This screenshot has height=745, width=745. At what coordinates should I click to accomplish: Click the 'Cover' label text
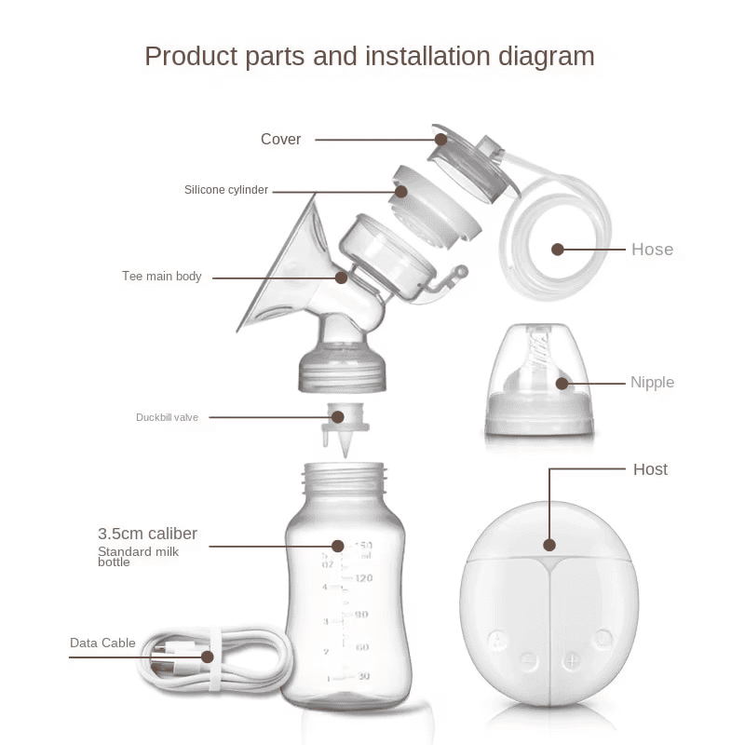[x=280, y=140]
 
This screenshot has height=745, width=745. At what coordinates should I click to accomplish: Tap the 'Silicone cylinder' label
[x=225, y=190]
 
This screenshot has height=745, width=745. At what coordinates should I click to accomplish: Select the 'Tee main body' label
[x=161, y=277]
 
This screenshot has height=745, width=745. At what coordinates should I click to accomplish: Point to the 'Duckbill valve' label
[x=167, y=417]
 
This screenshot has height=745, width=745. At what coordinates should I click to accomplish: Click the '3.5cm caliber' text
[x=147, y=534]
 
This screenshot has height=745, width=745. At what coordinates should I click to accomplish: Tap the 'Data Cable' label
[x=102, y=643]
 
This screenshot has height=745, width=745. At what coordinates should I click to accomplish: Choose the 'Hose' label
[x=652, y=250]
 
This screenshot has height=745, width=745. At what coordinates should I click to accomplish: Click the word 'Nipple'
[x=652, y=383]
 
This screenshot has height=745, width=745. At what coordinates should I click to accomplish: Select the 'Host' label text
[x=650, y=469]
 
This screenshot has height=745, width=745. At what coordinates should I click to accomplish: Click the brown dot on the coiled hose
[x=558, y=250]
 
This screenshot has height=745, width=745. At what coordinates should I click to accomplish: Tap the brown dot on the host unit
[x=549, y=546]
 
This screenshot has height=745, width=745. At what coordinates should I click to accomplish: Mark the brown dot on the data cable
[x=208, y=657]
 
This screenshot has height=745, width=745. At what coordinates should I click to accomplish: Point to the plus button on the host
[x=571, y=660]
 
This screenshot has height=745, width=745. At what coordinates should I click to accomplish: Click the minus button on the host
[x=528, y=660]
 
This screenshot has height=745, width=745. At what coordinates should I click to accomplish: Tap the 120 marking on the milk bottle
[x=362, y=578]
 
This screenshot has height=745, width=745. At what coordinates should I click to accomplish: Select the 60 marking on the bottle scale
[x=362, y=646]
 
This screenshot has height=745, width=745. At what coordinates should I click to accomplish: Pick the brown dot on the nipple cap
[x=562, y=382]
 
